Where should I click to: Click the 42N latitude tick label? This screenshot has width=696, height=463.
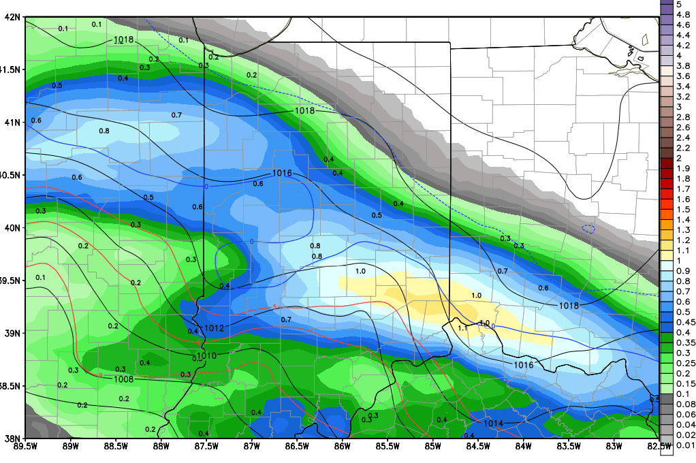pyautogui.click(x=11, y=17)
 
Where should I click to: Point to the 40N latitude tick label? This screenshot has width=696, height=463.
pyautogui.click(x=11, y=227)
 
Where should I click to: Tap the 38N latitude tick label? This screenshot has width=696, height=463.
pyautogui.click(x=11, y=438)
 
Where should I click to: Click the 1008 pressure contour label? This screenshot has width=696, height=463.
pyautogui.click(x=123, y=379)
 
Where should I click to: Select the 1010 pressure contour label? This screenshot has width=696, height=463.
pyautogui.click(x=207, y=356)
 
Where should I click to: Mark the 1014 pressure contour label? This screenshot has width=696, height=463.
pyautogui.click(x=493, y=424)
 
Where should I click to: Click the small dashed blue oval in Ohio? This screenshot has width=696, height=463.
pyautogui.click(x=589, y=229)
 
